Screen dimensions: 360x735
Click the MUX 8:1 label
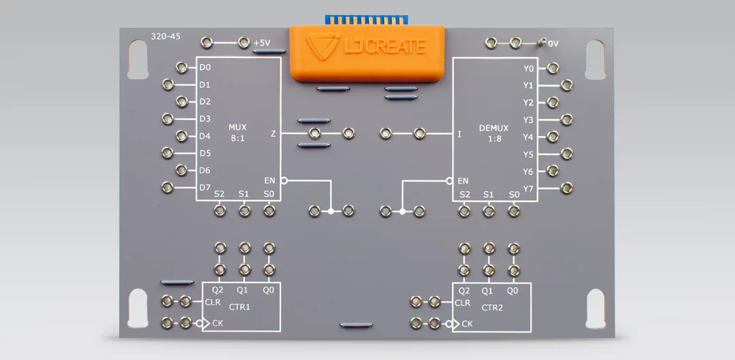[238, 133]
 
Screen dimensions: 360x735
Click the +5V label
[262, 44]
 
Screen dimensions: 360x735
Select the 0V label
[552, 44]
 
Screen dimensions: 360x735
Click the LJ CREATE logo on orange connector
[366, 46]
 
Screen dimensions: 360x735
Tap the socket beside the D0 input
[182, 67]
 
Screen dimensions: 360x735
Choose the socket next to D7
[168, 187]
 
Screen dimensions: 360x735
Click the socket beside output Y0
[553, 68]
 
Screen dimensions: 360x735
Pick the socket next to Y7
[566, 187]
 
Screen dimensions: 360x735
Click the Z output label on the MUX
[274, 134]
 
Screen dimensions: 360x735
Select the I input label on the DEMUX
[459, 134]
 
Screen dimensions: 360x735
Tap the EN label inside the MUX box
[270, 180]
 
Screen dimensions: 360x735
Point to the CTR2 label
[492, 308]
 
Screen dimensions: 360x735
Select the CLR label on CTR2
[463, 302]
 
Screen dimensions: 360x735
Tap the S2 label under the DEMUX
[465, 195]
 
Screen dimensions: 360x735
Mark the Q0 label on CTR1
[269, 290]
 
